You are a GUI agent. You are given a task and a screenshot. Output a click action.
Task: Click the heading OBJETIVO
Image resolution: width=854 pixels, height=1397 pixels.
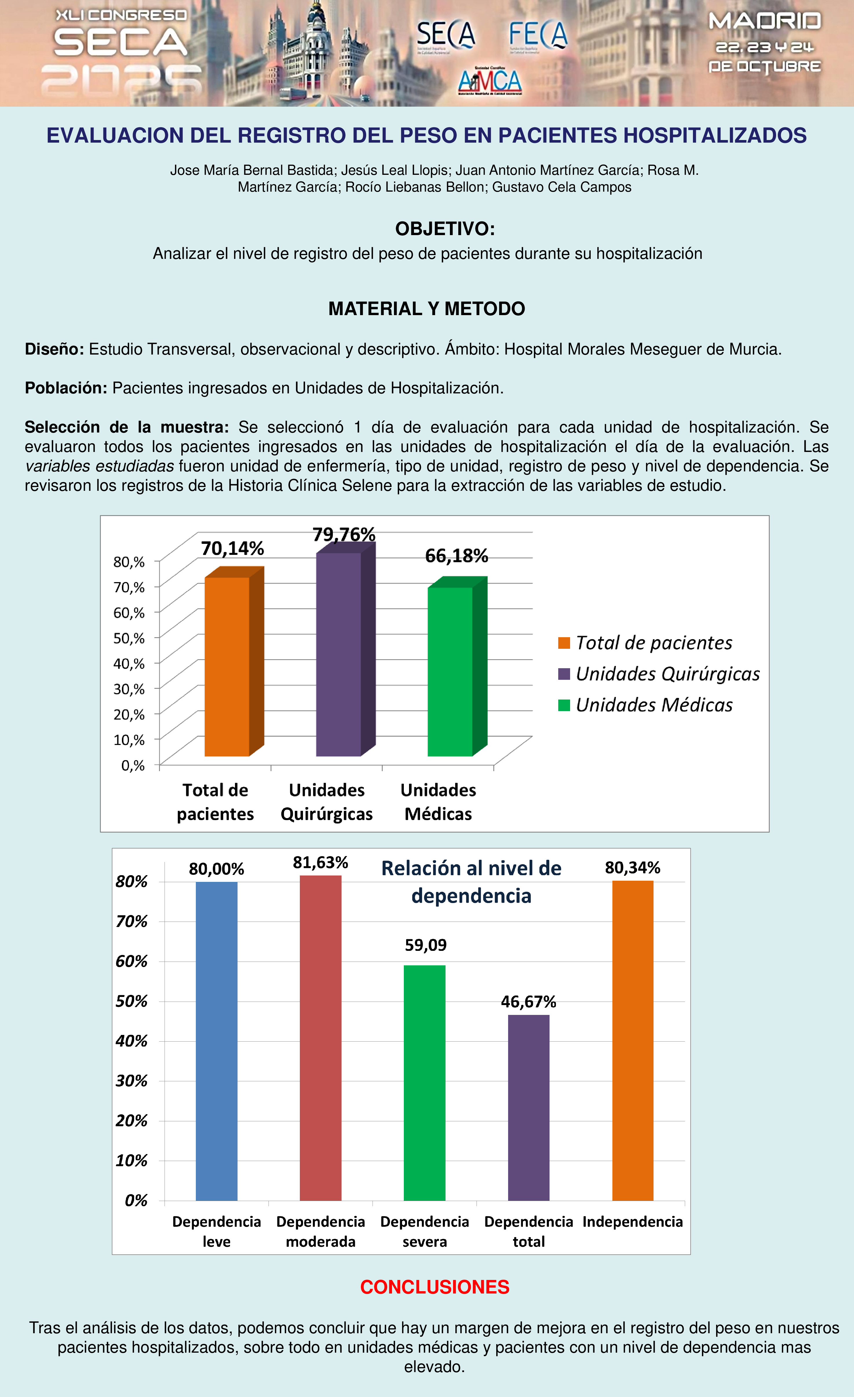coord(445,229)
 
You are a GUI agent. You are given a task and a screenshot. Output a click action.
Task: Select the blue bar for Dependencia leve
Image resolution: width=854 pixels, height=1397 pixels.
coord(216,1040)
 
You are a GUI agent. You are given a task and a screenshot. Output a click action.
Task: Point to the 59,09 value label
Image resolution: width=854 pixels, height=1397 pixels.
coord(426,945)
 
